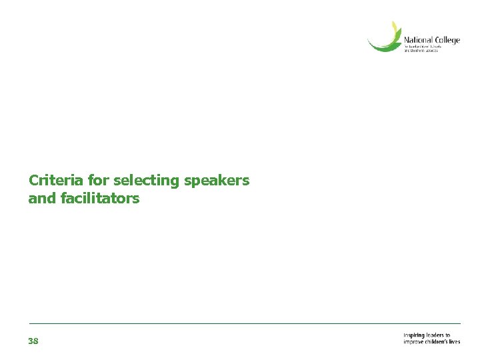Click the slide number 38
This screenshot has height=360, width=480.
pyautogui.click(x=33, y=341)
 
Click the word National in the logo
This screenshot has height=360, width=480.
pyautogui.click(x=418, y=40)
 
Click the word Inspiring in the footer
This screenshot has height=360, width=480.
pyautogui.click(x=415, y=335)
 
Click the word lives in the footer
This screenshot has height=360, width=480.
pyautogui.click(x=455, y=342)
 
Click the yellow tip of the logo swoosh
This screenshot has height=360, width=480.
pyautogui.click(x=395, y=27)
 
